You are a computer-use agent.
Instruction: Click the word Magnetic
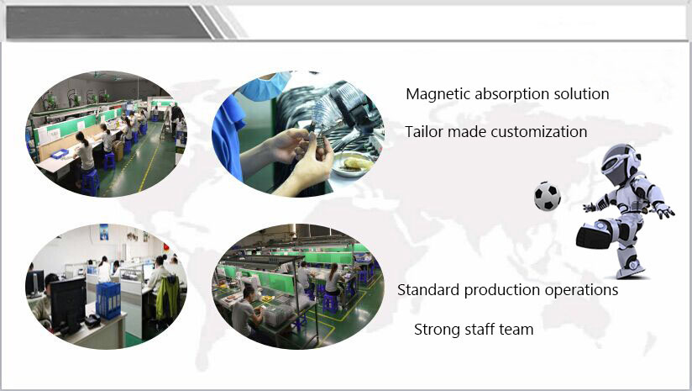coord(438,94)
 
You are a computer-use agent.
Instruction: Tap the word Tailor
coord(422,132)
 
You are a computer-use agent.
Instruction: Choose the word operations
coord(581,290)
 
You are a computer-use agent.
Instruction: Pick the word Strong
coord(435,330)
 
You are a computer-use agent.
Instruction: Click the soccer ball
coord(548,196)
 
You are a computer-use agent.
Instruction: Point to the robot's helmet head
coord(620,162)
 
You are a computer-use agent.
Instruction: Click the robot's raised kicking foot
coord(594,235)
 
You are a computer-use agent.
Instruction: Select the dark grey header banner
coord(108,22)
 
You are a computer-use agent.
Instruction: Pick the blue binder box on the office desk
coord(108,299)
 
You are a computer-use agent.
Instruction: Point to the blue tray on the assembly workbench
coord(60,154)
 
